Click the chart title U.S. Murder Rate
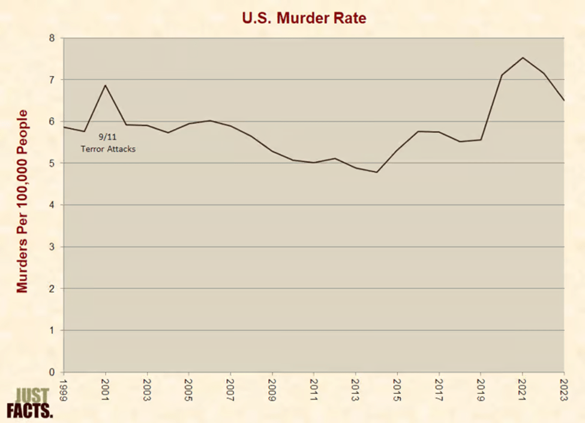[304, 18]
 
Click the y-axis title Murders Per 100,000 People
[23, 201]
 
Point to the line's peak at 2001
[106, 85]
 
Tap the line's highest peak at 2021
[523, 58]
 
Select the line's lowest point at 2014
[377, 172]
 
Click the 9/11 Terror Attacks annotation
[108, 143]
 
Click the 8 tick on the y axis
[52, 38]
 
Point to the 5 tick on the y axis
[52, 163]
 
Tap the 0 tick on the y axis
[52, 372]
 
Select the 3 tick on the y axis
[52, 247]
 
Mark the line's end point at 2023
[563, 100]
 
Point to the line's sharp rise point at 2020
[502, 75]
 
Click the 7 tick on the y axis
[52, 80]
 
